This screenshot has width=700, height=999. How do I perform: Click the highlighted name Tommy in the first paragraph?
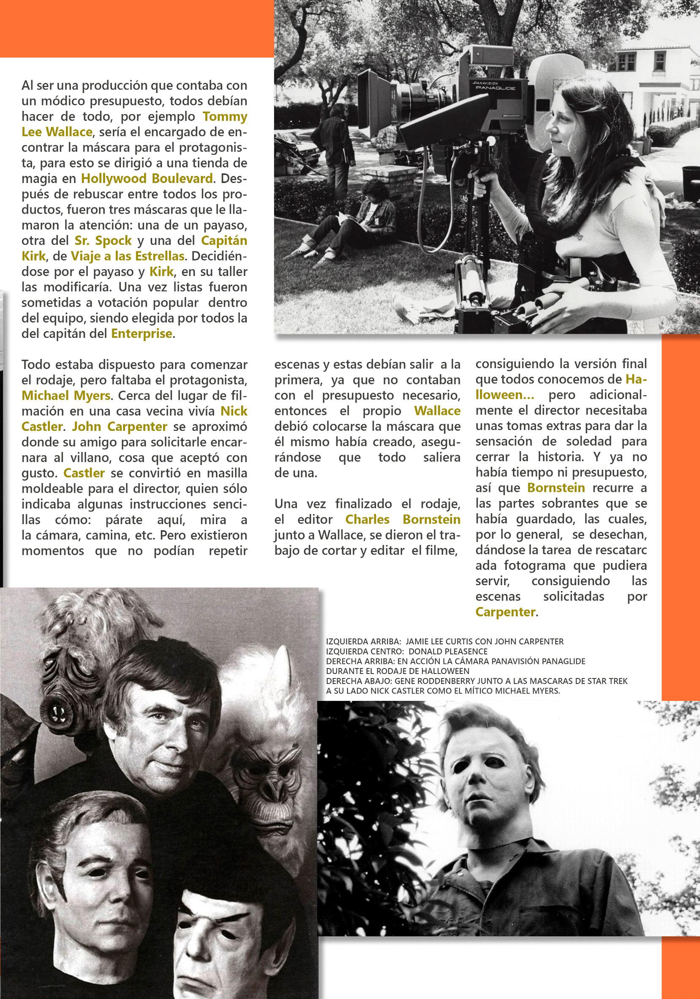(x=225, y=117)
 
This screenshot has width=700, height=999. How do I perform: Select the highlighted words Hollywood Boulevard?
(x=147, y=178)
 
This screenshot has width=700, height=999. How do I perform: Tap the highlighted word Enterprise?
(x=142, y=334)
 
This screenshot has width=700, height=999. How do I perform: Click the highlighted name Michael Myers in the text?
(x=65, y=396)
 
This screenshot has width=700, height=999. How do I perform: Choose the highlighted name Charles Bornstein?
(x=403, y=519)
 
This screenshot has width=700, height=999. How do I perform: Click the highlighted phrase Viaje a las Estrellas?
(x=128, y=256)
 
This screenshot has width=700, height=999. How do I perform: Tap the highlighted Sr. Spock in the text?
(x=103, y=241)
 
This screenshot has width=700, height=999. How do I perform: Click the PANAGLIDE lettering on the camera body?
(x=495, y=88)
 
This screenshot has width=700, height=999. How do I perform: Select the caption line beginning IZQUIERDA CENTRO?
(x=406, y=651)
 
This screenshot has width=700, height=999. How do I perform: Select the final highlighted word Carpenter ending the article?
(x=505, y=612)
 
